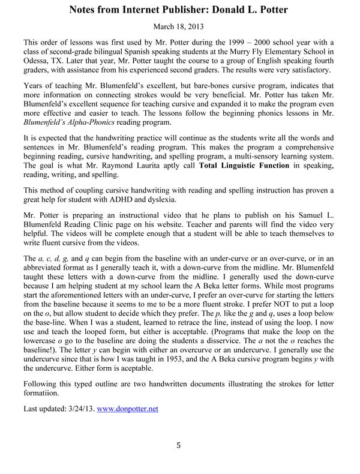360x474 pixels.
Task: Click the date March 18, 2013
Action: point(179,28)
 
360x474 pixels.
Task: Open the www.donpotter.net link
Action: point(128,409)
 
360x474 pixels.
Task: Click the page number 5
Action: point(179,445)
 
